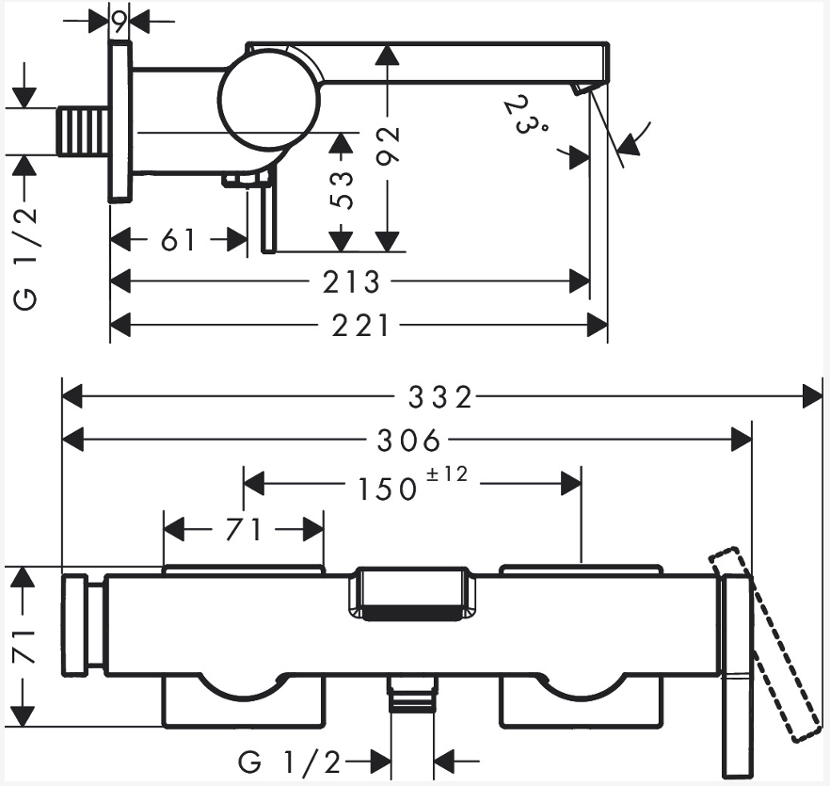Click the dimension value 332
click(439, 397)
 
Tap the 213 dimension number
click(353, 281)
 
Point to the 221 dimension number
click(359, 326)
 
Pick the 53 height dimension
click(343, 190)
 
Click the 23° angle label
click(525, 116)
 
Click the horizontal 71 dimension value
click(243, 530)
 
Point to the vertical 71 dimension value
click(24, 647)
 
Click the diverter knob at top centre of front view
click(412, 594)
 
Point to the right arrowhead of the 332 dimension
click(813, 397)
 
